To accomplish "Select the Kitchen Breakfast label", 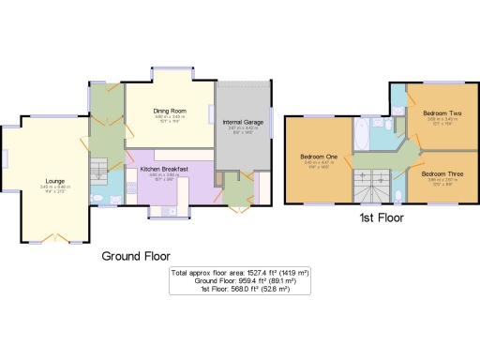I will (164, 169).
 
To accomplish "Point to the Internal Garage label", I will (242, 123).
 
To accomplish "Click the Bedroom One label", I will (319, 156).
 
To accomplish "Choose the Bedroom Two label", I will (441, 113).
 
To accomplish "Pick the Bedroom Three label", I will (441, 173).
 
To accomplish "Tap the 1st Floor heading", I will (381, 217).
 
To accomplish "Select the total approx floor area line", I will (239, 272).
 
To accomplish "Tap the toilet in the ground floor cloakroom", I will (98, 198).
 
